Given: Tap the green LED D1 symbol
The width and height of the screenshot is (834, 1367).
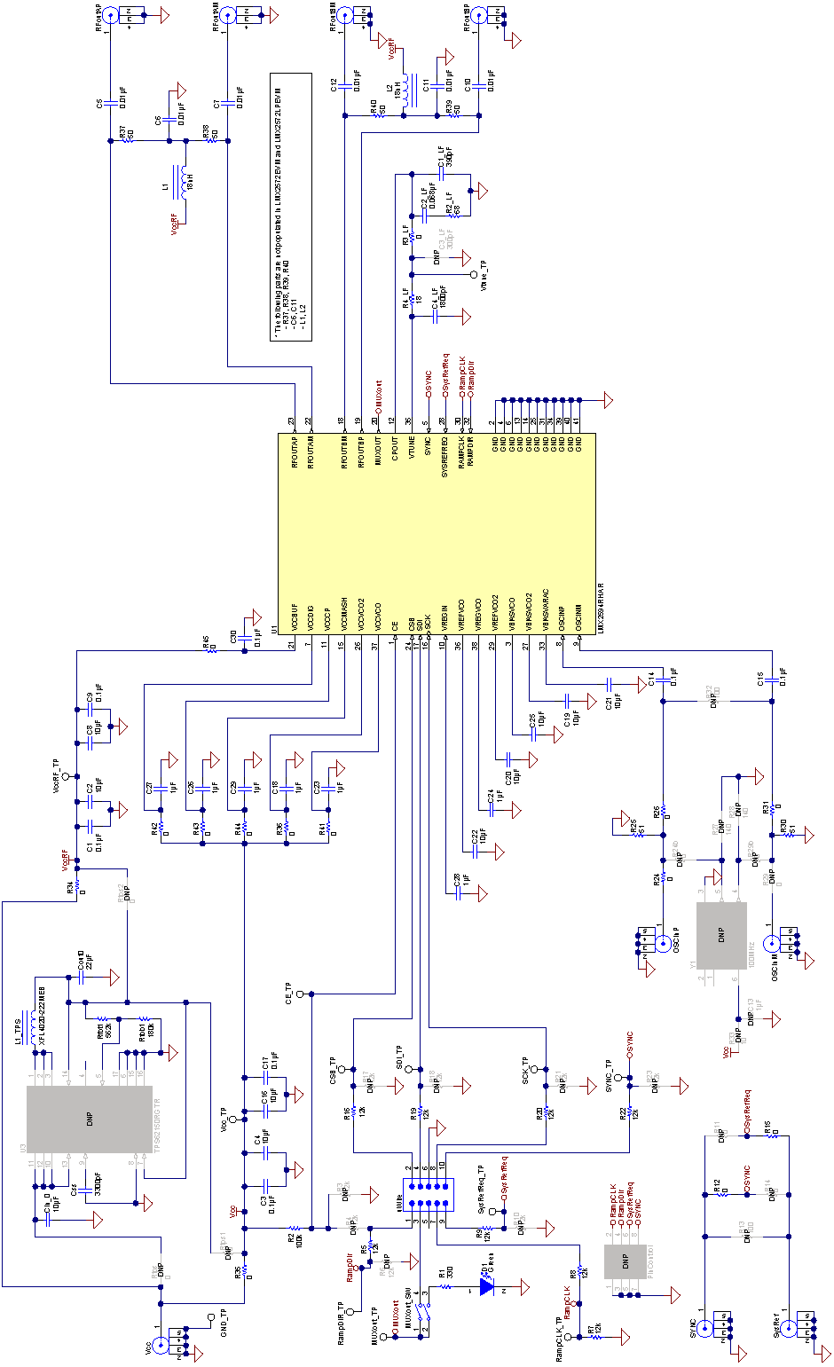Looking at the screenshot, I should click(486, 1285).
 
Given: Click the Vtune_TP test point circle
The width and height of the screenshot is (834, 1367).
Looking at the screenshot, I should click(473, 275).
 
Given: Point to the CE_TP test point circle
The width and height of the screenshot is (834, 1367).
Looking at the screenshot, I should click(300, 994).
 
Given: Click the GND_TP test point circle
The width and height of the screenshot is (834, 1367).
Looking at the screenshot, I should click(209, 1317).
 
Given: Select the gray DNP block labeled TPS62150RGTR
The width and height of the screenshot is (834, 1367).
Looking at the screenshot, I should click(89, 1119).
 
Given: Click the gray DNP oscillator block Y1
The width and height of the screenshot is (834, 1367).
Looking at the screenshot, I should click(721, 935).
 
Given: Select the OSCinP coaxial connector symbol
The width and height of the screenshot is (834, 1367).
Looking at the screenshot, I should click(662, 945).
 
